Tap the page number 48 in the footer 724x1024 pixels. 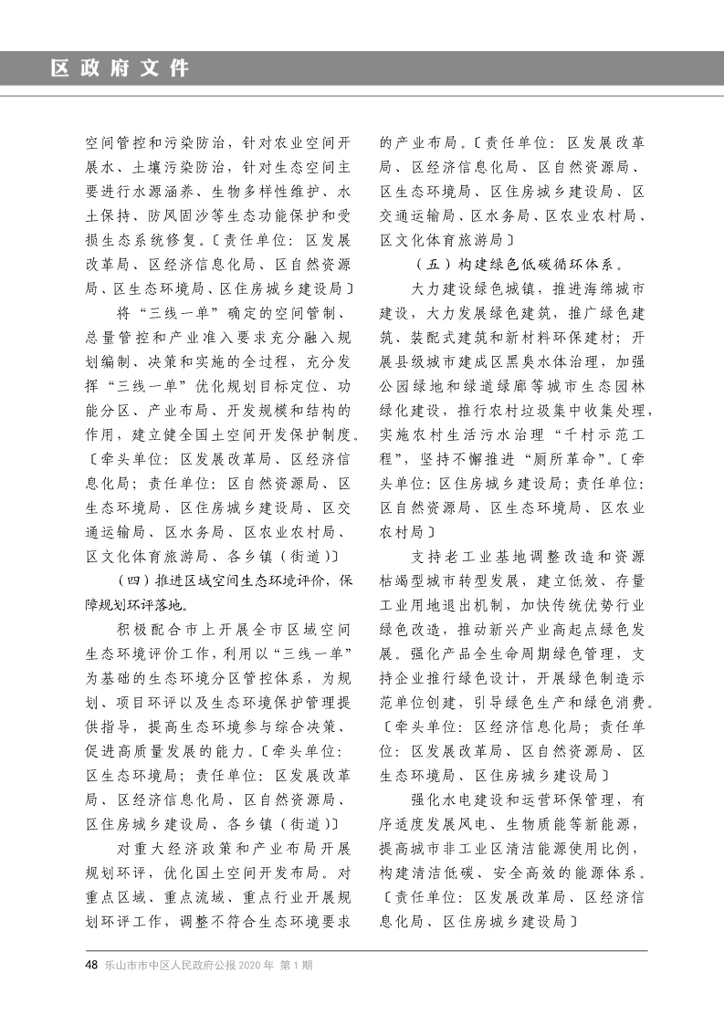(91, 965)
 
